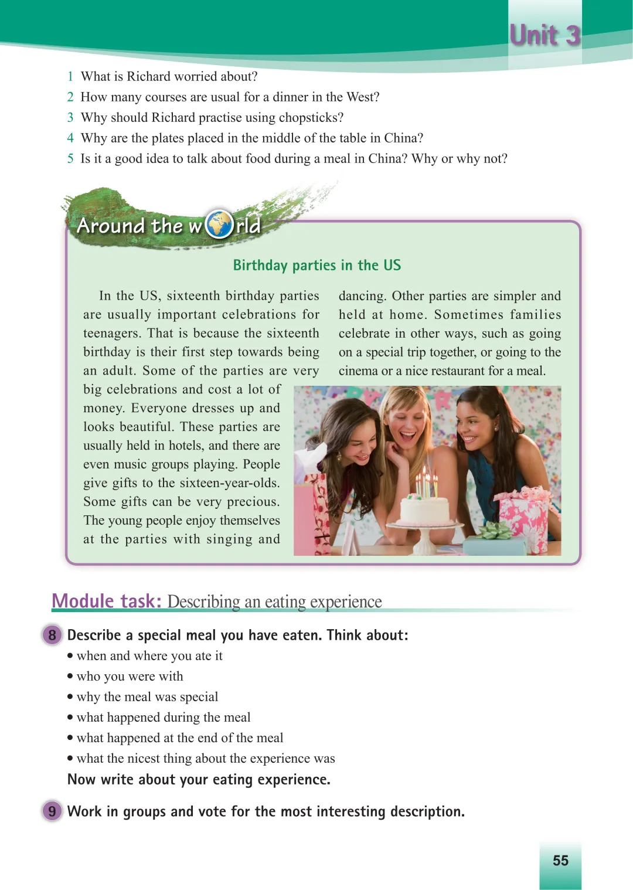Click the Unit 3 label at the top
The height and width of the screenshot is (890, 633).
(x=544, y=35)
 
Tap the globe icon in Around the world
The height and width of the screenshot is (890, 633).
(x=219, y=224)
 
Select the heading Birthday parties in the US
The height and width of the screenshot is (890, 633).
(x=316, y=266)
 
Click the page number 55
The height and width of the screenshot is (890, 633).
(x=560, y=860)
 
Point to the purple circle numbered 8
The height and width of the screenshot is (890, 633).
(x=52, y=635)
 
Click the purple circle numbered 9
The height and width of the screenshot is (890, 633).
(x=52, y=811)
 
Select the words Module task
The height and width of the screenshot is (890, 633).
(x=106, y=601)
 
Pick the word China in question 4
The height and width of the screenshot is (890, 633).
(x=400, y=138)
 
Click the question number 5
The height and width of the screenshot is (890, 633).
(x=70, y=158)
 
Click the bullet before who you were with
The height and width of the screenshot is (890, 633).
(x=70, y=677)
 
